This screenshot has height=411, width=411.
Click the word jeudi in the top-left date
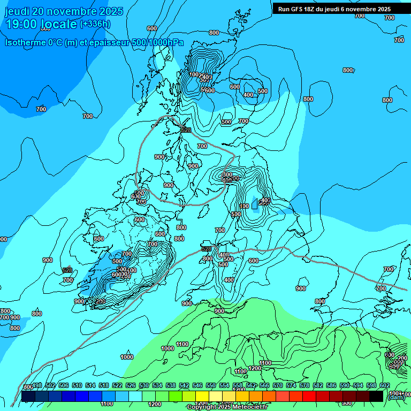pyautogui.click(x=18, y=11)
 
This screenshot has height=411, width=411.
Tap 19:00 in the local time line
pyautogui.click(x=24, y=24)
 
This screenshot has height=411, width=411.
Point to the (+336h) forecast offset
pyautogui.click(x=95, y=24)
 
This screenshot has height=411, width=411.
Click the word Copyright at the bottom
pyautogui.click(x=202, y=407)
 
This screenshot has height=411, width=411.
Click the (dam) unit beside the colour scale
pyautogui.click(x=396, y=397)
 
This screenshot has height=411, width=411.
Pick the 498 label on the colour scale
pyautogui.click(x=37, y=385)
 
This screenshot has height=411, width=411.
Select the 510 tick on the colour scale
pyautogui.click(x=77, y=385)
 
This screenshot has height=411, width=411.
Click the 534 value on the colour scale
pyautogui.click(x=157, y=385)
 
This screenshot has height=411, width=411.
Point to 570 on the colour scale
pyautogui.click(x=278, y=385)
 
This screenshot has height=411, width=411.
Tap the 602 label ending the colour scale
pyautogui.click(x=385, y=385)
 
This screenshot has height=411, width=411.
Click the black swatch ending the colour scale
pyautogui.click(x=376, y=396)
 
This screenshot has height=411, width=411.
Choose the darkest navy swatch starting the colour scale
pyautogui.click(x=28, y=396)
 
